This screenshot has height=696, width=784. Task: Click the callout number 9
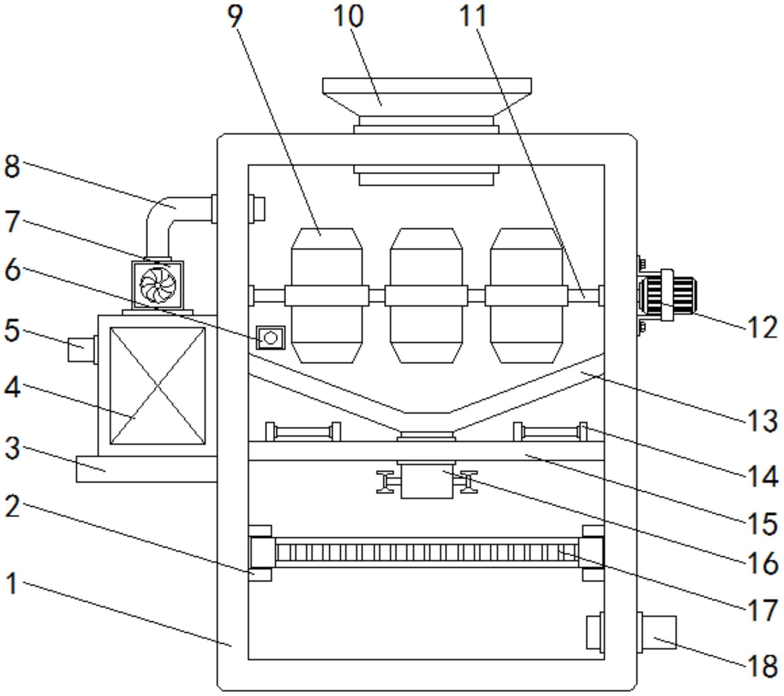point(235,16)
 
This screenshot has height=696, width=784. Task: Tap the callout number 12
point(762,327)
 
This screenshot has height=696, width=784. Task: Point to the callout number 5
point(12,330)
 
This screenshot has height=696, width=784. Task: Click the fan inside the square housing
point(158,285)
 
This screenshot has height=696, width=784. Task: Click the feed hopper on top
point(426,98)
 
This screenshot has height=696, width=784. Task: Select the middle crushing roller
point(426,296)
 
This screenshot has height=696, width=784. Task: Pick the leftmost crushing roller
point(327,296)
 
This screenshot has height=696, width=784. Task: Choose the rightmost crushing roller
point(526,296)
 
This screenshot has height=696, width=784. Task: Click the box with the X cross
point(158,386)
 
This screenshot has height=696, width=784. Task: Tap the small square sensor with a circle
point(271,338)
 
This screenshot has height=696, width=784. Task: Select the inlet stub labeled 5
point(81,349)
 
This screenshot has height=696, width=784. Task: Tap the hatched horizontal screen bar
point(426,553)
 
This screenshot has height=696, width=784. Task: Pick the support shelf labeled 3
point(146,469)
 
